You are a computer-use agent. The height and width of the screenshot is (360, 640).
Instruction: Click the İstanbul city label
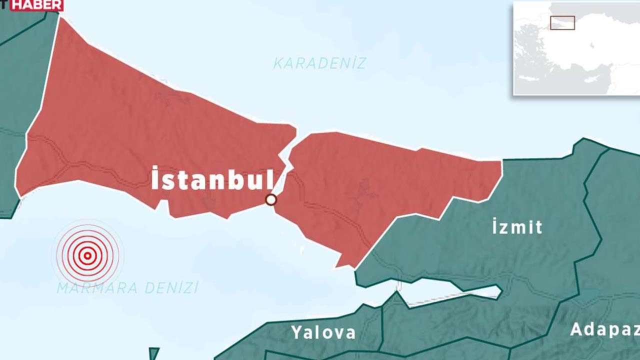[x=212, y=178]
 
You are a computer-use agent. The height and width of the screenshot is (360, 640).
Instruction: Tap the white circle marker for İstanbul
[x=271, y=200]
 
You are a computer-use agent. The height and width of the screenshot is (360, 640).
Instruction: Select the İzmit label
[x=517, y=227]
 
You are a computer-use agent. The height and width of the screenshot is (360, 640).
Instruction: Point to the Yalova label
[x=323, y=332]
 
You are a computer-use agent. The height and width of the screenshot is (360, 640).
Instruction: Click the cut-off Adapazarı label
[x=605, y=330]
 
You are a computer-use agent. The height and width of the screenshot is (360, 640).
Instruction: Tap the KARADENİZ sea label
[x=319, y=63]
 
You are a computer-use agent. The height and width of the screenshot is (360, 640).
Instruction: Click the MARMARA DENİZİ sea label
[x=127, y=288]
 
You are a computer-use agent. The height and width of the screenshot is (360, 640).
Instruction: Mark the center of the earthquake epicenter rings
[x=87, y=256]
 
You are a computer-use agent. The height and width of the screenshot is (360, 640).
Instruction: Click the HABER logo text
[x=37, y=5]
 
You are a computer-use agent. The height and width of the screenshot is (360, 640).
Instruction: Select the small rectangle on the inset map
[x=562, y=23]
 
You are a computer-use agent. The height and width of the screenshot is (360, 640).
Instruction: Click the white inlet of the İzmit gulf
[x=450, y=295]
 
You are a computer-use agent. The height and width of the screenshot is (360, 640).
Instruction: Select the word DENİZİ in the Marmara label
[x=171, y=288]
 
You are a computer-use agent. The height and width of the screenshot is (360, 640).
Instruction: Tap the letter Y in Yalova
[x=296, y=332]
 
